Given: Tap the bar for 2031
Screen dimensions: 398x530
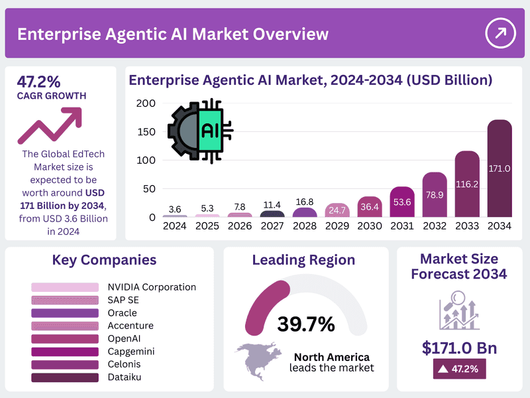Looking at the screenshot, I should click(x=402, y=202).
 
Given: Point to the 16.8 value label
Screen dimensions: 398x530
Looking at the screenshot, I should click(x=305, y=202).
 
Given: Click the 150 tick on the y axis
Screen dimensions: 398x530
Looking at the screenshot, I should click(x=147, y=132).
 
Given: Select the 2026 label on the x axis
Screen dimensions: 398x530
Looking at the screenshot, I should click(x=240, y=226).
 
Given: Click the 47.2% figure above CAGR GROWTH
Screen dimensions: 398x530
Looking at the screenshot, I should click(x=38, y=82).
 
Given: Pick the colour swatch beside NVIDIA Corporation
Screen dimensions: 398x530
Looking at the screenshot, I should click(x=65, y=287).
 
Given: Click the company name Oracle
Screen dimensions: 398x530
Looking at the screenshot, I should click(x=123, y=313).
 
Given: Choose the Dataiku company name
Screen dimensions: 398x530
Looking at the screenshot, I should click(x=125, y=377).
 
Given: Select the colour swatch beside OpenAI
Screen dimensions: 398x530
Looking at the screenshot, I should click(x=65, y=339).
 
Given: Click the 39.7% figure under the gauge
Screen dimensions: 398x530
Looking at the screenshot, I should click(x=306, y=324).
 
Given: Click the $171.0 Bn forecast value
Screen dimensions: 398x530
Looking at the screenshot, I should click(x=459, y=348).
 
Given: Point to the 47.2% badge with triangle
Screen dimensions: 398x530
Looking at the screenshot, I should click(x=459, y=368).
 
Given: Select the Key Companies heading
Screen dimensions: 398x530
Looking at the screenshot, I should click(x=104, y=259).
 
